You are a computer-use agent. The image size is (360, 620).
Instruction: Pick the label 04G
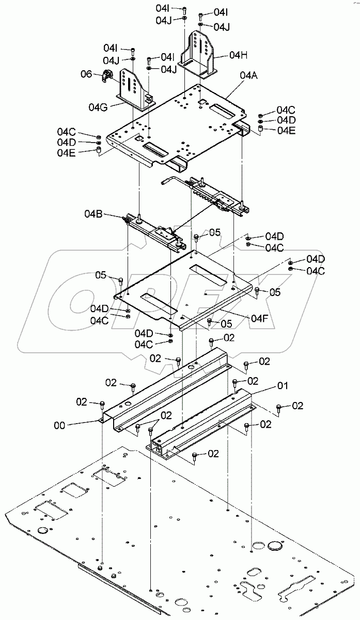click(98, 107)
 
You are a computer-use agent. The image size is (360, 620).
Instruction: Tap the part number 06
click(86, 74)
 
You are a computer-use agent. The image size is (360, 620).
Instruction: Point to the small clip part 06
click(108, 77)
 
